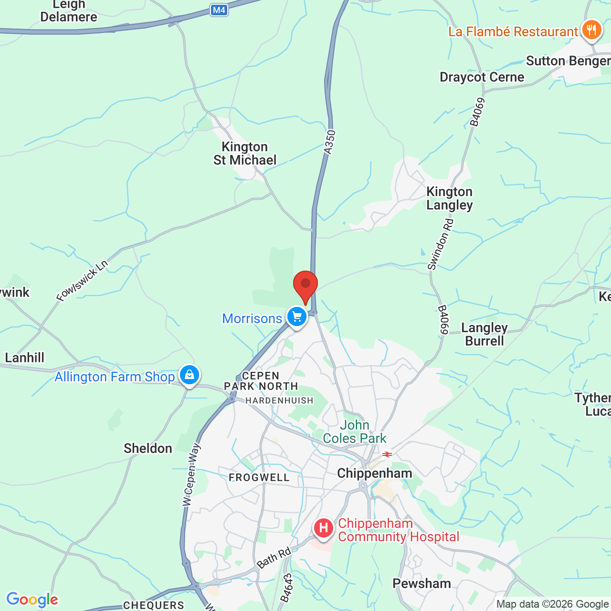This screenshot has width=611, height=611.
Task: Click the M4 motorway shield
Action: pyautogui.click(x=219, y=10)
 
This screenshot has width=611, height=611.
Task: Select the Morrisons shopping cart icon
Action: pyautogui.click(x=296, y=316)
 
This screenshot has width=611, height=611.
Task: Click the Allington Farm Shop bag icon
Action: pyautogui.click(x=190, y=375)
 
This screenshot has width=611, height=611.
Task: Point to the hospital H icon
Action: pyautogui.click(x=323, y=528)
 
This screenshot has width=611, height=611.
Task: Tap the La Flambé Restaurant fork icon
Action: pyautogui.click(x=591, y=31)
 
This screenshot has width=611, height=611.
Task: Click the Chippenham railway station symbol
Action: pyautogui.click(x=387, y=454)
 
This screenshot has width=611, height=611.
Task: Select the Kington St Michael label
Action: pyautogui.click(x=245, y=153)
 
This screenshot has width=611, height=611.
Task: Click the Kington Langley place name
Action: pyautogui.click(x=449, y=198)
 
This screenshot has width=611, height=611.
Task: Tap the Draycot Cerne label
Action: pyautogui.click(x=482, y=77)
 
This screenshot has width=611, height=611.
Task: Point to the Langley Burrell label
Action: pyautogui.click(x=485, y=334)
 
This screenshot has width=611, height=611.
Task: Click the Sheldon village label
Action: pyautogui.click(x=148, y=448)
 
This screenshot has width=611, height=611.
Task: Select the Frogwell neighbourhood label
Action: pyautogui.click(x=259, y=477)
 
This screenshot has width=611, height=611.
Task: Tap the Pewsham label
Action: pyautogui.click(x=421, y=583)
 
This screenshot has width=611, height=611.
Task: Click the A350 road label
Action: pyautogui.click(x=329, y=142)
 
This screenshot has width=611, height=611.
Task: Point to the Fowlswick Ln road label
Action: pyautogui.click(x=82, y=281)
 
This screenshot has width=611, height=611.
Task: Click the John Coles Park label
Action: pyautogui.click(x=355, y=432)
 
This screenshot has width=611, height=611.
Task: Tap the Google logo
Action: pyautogui.click(x=32, y=600)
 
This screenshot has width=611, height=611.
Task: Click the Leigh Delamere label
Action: pyautogui.click(x=69, y=11)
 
